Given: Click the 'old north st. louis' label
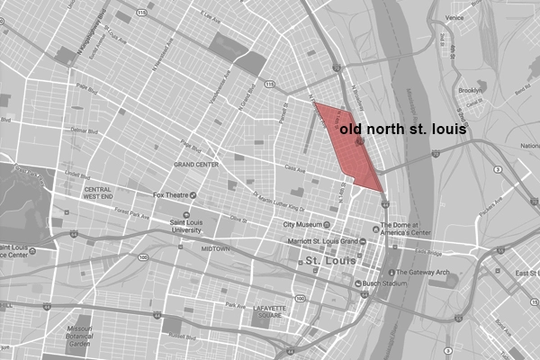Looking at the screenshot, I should click(402, 130).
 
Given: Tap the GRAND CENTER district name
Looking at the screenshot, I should click(197, 165).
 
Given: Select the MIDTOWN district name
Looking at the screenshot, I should click(214, 247).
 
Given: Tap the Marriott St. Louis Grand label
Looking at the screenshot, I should click(321, 241).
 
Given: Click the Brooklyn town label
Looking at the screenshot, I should click(470, 91).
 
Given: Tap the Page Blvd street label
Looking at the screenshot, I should click(87, 87).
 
